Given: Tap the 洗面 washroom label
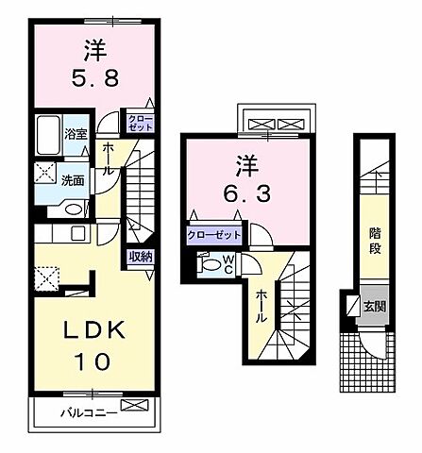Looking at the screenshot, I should pos(74,178).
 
